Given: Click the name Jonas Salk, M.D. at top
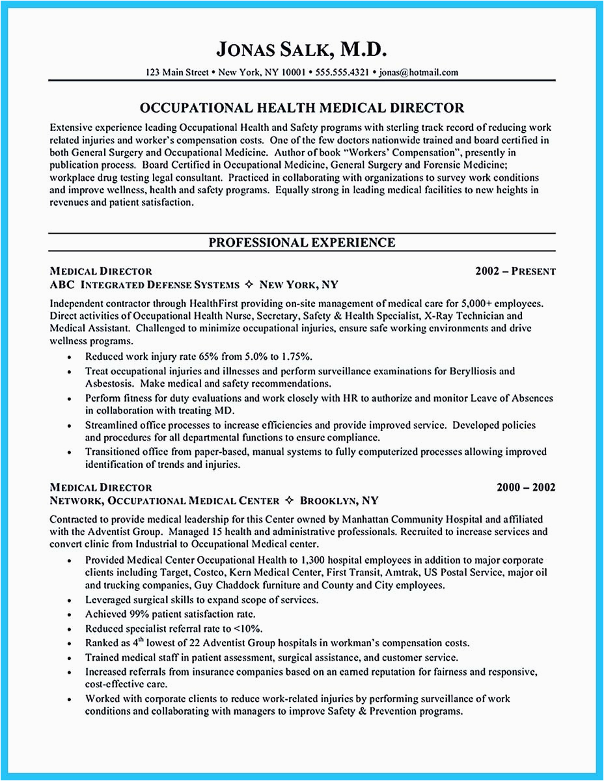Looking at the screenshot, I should point(301,50).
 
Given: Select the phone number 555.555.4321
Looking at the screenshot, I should point(342,72).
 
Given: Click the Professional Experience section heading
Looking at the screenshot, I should point(301,243).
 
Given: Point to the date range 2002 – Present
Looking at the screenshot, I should point(515,271).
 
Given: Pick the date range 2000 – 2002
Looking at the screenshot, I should point(526,487).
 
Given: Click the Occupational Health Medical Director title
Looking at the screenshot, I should point(301,108).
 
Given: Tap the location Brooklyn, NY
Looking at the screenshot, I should point(338,501).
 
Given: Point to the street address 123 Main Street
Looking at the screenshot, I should point(178,72).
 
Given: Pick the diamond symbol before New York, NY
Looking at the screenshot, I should point(251,285).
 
